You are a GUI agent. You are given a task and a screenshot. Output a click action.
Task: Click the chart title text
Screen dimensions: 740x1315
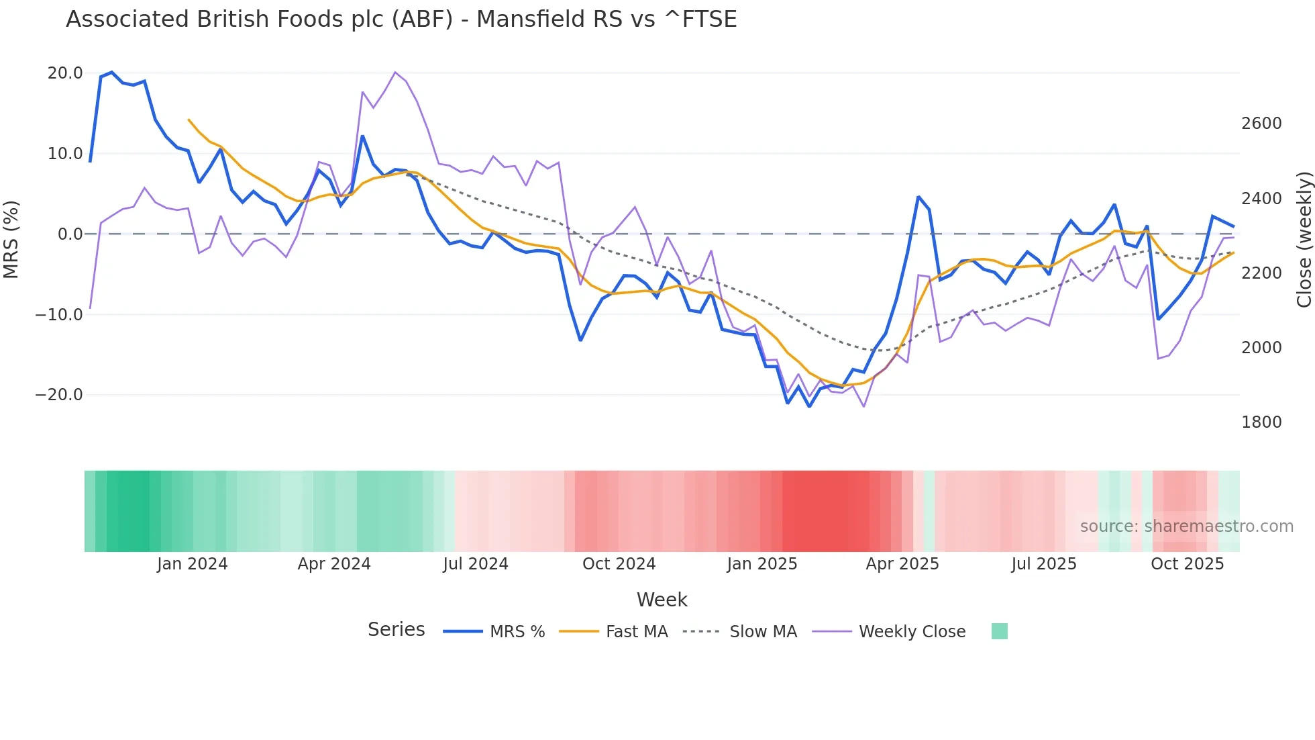click(x=401, y=19)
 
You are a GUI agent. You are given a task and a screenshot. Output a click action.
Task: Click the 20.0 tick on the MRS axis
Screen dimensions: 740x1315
click(x=65, y=73)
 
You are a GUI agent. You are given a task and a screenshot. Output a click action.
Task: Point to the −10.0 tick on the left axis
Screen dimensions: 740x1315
click(x=59, y=314)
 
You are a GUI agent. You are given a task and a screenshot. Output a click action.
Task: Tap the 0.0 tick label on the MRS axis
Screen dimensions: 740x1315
click(x=70, y=234)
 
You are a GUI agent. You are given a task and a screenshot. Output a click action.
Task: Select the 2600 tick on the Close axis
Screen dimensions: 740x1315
click(x=1261, y=124)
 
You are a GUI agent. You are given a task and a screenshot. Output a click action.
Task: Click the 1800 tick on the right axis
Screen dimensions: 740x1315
click(x=1261, y=422)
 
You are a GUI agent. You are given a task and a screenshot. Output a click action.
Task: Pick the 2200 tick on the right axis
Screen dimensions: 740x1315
click(x=1261, y=273)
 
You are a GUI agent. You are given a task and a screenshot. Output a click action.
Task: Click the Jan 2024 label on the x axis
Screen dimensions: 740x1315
click(x=193, y=564)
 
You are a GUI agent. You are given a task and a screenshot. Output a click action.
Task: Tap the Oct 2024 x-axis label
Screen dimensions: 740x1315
click(x=619, y=564)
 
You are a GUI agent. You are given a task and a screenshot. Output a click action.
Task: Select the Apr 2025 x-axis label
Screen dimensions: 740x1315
click(x=902, y=564)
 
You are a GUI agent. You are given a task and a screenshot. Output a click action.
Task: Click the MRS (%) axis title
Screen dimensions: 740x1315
click(x=11, y=240)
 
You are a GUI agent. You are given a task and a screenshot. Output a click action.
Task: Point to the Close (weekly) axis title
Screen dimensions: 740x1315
click(x=1304, y=240)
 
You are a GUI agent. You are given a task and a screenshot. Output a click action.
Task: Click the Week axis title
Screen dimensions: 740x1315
click(x=662, y=600)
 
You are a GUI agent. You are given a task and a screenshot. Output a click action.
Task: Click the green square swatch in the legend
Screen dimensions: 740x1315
click(x=999, y=631)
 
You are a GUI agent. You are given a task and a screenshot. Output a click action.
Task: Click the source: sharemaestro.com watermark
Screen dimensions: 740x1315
click(x=1186, y=526)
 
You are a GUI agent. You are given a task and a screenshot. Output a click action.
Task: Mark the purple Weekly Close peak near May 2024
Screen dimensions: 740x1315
click(x=395, y=72)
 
